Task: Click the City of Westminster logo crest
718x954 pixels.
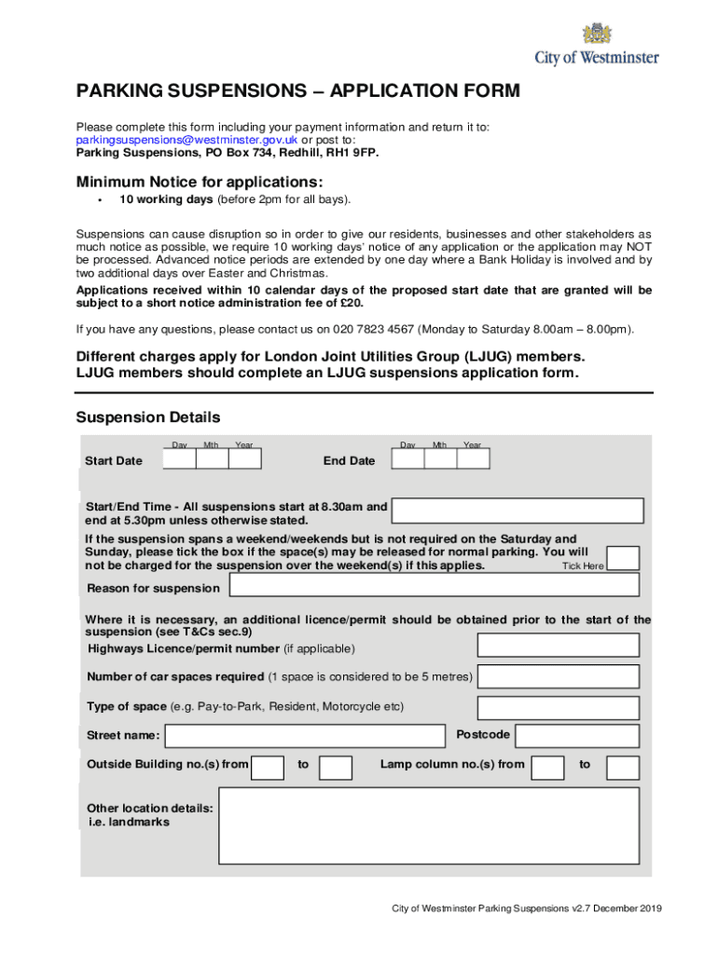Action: [x=598, y=34]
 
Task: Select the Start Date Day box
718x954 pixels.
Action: [x=180, y=459]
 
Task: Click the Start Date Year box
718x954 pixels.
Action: [x=245, y=459]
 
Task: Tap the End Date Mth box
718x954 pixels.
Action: [x=440, y=459]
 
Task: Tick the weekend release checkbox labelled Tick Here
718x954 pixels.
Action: [x=624, y=558]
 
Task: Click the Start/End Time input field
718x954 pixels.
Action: [x=518, y=511]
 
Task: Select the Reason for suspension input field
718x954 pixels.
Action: [x=434, y=585]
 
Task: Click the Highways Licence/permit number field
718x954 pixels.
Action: [x=558, y=646]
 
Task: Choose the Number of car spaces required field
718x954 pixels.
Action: [x=558, y=676]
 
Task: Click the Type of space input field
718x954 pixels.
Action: [x=558, y=707]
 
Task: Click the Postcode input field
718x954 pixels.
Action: [x=577, y=736]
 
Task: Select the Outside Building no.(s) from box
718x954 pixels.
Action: [x=269, y=768]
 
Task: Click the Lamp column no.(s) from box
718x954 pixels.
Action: [x=548, y=768]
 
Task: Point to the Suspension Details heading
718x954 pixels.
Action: [x=148, y=417]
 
